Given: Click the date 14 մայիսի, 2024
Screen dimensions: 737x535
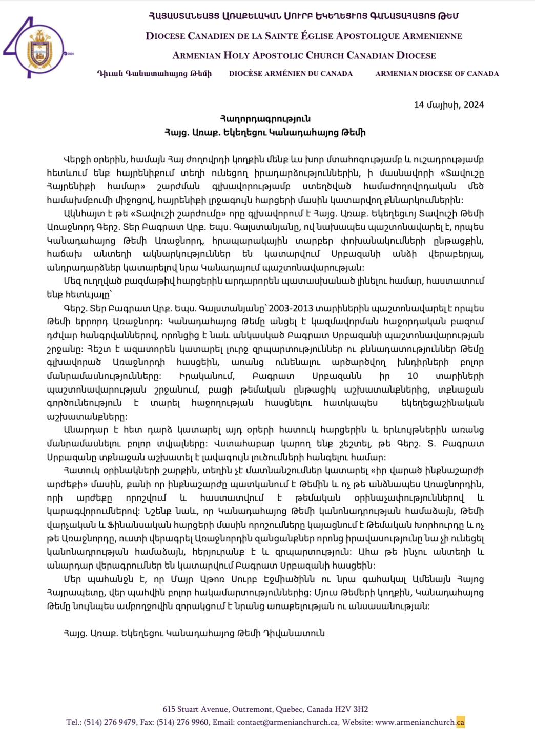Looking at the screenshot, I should tap(448, 105).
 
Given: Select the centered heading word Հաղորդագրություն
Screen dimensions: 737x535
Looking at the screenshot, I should tap(265, 119).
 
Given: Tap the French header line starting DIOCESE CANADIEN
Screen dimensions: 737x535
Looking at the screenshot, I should tap(304, 36).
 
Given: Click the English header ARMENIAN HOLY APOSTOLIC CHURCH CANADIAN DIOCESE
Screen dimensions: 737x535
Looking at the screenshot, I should tap(304, 55).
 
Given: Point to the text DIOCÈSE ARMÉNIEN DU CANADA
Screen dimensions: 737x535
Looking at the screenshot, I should tap(291, 74).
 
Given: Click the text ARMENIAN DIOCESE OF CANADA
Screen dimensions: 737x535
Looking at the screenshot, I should tap(437, 74).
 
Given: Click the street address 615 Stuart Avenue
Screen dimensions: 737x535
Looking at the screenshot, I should tap(196, 709).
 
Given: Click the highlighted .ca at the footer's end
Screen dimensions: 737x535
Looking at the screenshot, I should tap(460, 722).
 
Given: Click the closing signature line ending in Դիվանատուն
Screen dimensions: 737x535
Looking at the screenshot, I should tap(194, 633).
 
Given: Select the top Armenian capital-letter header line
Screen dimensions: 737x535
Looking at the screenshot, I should tap(304, 16).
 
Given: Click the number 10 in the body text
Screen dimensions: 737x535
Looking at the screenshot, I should tap(413, 376).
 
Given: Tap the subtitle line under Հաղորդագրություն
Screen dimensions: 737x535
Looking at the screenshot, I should tap(265, 132).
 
